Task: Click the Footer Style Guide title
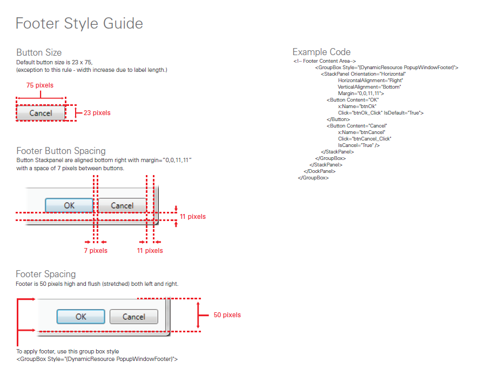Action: pyautogui.click(x=79, y=24)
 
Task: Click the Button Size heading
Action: pyautogui.click(x=39, y=52)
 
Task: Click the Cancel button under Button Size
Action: pyautogui.click(x=41, y=113)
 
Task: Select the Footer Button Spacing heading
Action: pyautogui.click(x=61, y=151)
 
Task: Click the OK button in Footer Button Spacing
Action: pyautogui.click(x=69, y=205)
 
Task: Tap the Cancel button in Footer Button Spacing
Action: pyautogui.click(x=122, y=205)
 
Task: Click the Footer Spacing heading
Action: pyautogui.click(x=46, y=274)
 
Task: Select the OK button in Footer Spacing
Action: pyautogui.click(x=80, y=317)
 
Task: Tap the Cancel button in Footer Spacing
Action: pyautogui.click(x=134, y=317)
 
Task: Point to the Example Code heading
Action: pyautogui.click(x=321, y=52)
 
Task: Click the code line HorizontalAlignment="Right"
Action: pyautogui.click(x=372, y=81)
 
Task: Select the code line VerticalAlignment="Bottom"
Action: pyautogui.click(x=369, y=87)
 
